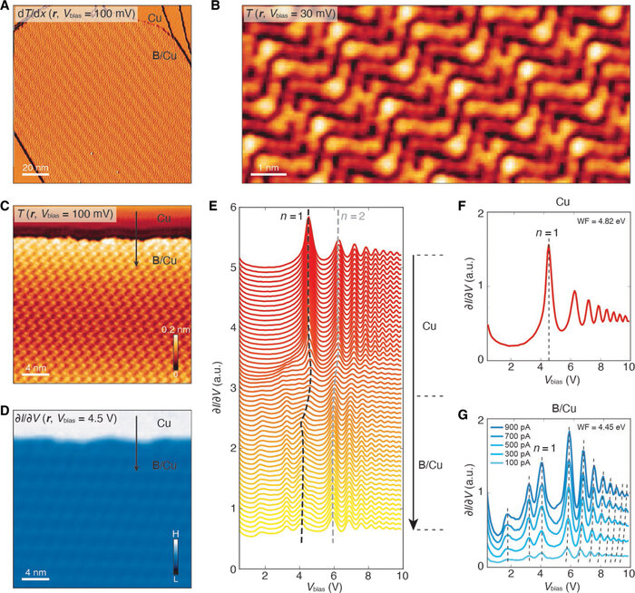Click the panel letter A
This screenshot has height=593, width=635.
point(7,8)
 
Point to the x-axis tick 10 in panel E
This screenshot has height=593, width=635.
point(399,575)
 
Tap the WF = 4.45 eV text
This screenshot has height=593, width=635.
point(597,420)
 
